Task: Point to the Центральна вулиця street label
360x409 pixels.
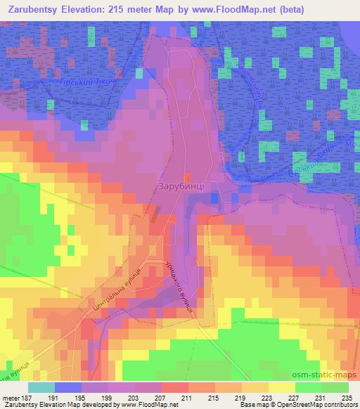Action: pos(117,289)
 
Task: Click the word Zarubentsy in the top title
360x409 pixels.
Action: pos(34,9)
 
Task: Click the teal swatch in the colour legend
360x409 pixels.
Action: pos(41,387)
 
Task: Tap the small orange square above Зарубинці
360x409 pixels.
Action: pos(186,176)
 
